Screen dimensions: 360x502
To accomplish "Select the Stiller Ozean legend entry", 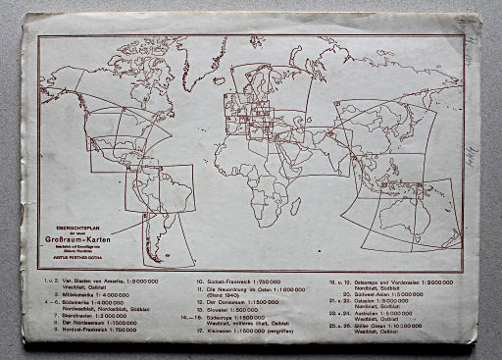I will pos(387,325).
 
